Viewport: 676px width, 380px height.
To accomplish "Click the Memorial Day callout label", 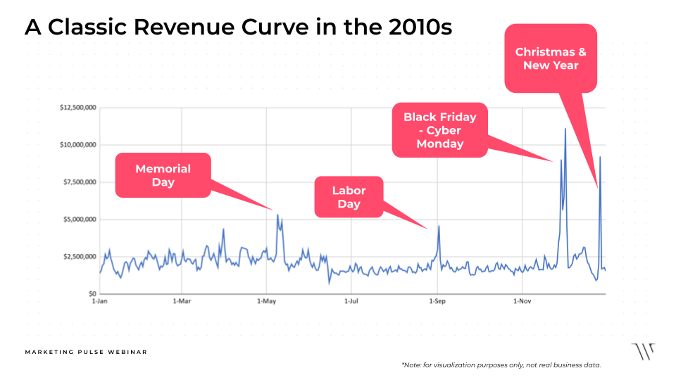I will click(x=163, y=175).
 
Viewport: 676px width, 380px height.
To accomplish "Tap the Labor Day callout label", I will click(x=349, y=197).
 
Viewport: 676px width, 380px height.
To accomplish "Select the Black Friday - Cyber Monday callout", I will click(x=439, y=130).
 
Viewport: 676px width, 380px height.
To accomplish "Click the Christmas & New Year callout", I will click(x=551, y=58).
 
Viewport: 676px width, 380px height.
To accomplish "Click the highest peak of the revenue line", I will click(x=565, y=129).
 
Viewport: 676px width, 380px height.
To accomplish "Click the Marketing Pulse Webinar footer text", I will click(x=86, y=352).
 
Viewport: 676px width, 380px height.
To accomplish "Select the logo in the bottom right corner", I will click(x=642, y=351).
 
